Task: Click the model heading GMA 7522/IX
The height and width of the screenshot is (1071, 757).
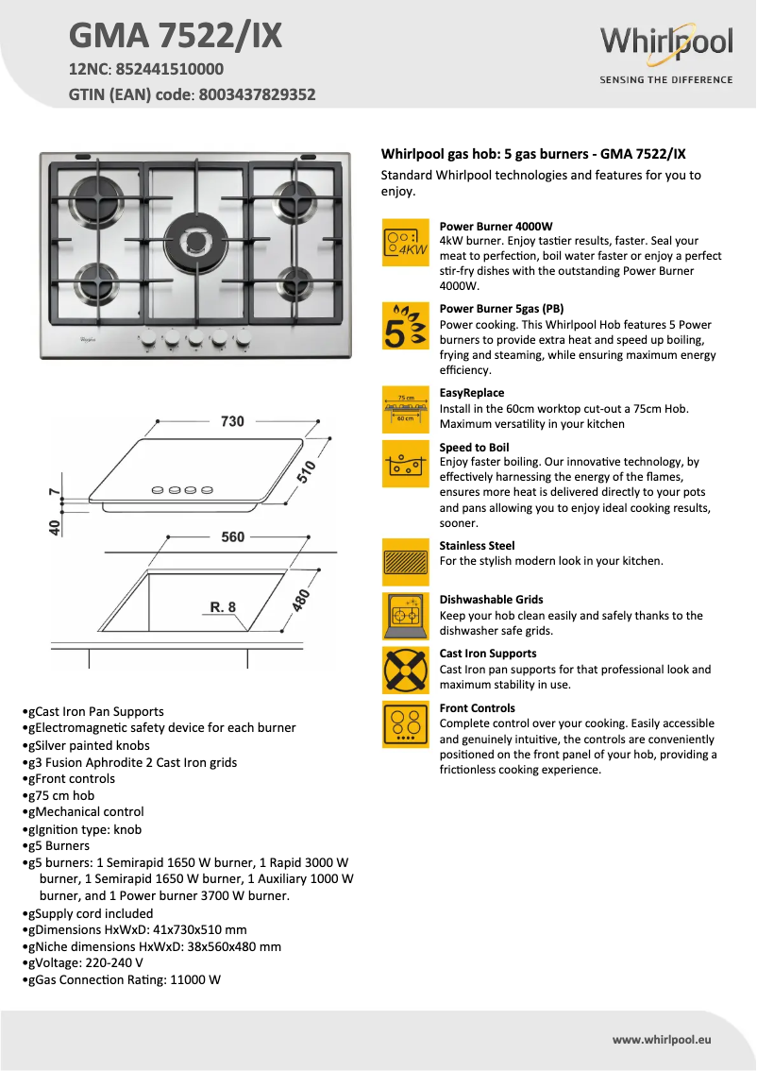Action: (176, 36)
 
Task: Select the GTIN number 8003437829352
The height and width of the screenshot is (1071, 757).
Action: (257, 94)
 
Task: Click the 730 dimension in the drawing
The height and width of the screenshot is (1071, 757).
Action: (232, 421)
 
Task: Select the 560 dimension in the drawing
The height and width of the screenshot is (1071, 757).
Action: (232, 537)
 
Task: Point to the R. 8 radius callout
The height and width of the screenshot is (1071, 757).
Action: (223, 607)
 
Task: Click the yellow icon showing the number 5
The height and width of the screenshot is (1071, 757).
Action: (406, 327)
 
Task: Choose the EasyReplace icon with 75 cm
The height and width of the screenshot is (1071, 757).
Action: (406, 408)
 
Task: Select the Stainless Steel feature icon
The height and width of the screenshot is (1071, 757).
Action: (406, 564)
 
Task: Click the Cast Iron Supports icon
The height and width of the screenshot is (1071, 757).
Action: (406, 671)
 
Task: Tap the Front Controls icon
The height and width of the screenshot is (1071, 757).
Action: (406, 725)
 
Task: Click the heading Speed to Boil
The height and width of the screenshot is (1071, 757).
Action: (474, 448)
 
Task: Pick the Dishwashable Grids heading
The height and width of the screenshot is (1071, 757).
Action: (491, 600)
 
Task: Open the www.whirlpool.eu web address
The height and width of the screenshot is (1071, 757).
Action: (661, 1040)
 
